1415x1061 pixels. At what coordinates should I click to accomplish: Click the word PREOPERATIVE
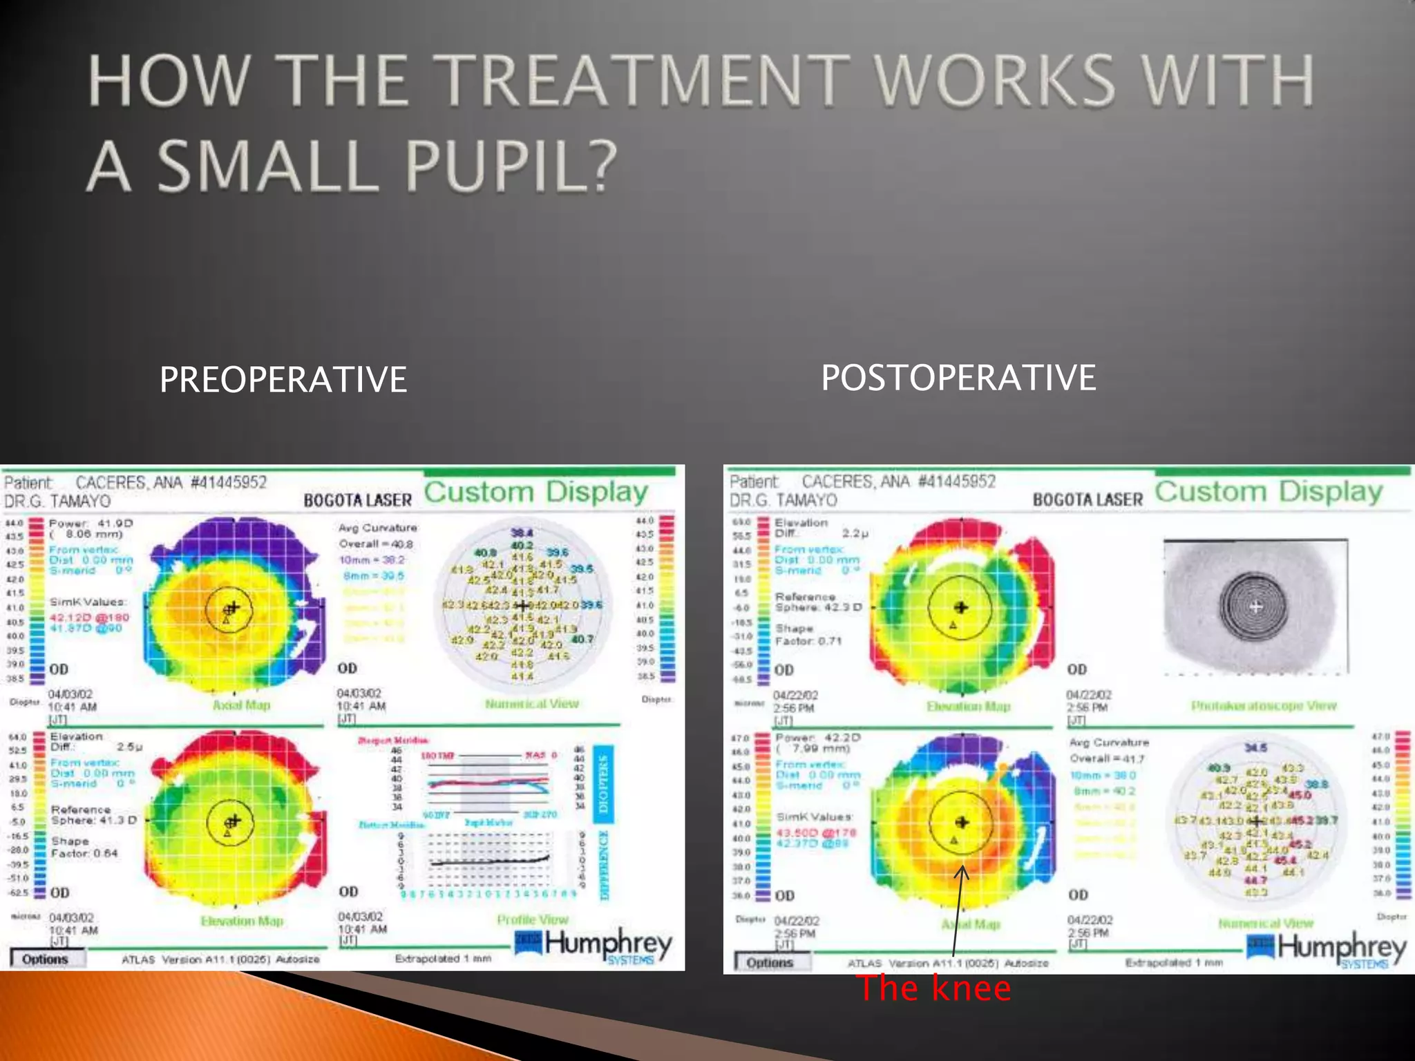(x=283, y=380)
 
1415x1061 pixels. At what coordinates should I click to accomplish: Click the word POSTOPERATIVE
(x=958, y=378)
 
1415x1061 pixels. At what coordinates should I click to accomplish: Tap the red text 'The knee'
(x=934, y=988)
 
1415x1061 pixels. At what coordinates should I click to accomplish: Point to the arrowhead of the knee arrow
(x=962, y=870)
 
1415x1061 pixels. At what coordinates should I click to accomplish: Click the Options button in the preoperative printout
(x=46, y=959)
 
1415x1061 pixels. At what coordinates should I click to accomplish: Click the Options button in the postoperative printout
(x=770, y=962)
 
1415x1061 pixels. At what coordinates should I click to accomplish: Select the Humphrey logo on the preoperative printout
(x=594, y=946)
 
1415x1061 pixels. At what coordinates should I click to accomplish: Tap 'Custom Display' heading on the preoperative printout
(x=536, y=492)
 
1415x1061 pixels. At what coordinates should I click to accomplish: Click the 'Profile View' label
(x=532, y=919)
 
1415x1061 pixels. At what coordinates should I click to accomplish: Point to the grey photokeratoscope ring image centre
(x=1256, y=606)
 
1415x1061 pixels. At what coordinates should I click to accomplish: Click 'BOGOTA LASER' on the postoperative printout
(x=1088, y=499)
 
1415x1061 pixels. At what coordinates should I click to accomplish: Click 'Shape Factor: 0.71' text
(x=808, y=635)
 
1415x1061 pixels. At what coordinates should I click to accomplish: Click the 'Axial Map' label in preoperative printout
(x=241, y=705)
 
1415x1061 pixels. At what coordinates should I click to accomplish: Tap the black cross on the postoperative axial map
(x=961, y=822)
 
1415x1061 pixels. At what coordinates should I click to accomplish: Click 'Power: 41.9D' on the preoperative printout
(x=90, y=524)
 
